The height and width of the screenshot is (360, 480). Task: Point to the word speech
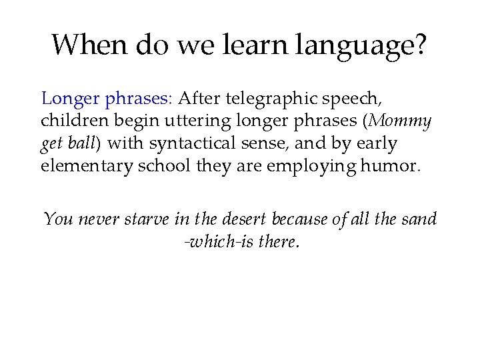(358, 100)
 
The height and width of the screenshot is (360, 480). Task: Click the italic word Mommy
(401, 121)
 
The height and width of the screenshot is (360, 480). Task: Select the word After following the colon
(199, 100)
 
